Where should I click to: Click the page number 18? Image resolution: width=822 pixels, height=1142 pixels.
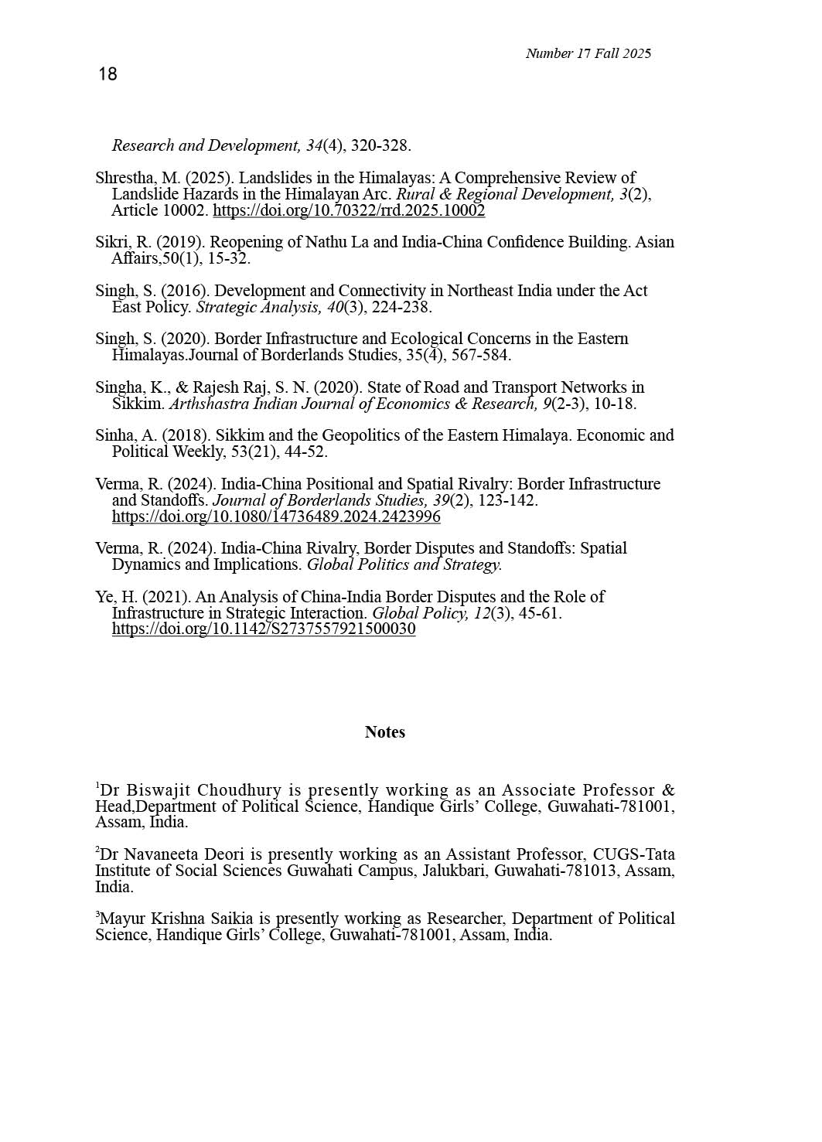(107, 74)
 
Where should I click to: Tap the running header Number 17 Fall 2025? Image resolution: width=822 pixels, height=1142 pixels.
(588, 53)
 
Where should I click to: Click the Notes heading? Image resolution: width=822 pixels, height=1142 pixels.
(384, 732)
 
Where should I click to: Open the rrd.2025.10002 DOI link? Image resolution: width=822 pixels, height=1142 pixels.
(349, 210)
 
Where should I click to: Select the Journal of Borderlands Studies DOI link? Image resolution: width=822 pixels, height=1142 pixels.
(276, 516)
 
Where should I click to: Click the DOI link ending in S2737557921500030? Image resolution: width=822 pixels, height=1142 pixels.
(264, 629)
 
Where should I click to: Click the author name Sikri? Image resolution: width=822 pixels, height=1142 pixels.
(112, 242)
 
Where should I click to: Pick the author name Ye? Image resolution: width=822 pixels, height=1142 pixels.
(104, 597)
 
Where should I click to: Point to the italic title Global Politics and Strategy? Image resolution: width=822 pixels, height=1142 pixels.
(404, 564)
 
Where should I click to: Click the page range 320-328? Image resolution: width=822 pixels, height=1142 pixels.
(380, 145)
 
